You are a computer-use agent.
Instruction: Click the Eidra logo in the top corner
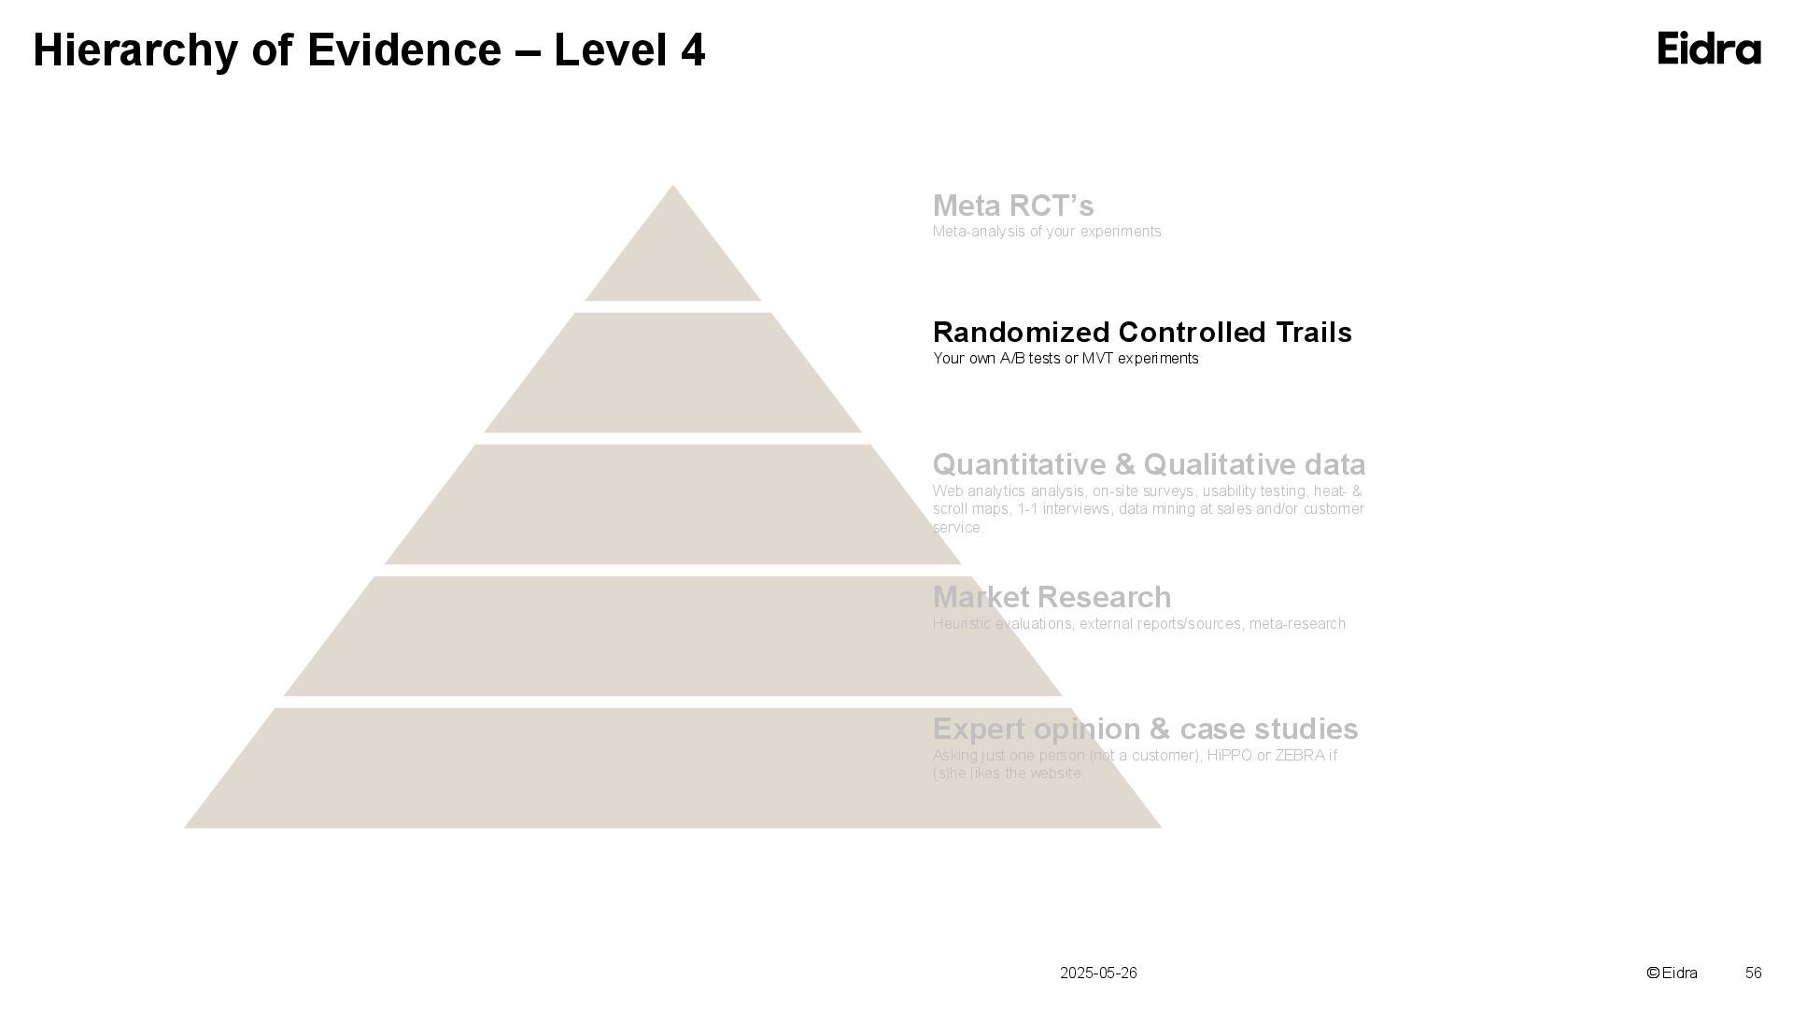(1709, 49)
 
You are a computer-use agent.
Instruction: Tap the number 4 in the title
(692, 50)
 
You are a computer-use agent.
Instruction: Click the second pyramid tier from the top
(672, 374)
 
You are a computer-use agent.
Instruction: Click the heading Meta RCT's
(1013, 206)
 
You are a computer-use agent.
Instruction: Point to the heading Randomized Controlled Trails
(1142, 333)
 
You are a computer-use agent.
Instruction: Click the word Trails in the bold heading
(1310, 333)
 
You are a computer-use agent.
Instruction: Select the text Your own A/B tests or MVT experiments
(1066, 359)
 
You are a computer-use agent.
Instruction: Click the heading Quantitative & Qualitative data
(1149, 464)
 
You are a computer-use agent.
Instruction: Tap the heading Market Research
(1052, 597)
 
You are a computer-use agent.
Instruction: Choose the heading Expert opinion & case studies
(1145, 729)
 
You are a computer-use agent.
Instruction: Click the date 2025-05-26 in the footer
(1098, 973)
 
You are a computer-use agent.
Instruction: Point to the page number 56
(1753, 973)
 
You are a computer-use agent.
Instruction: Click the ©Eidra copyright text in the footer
(1672, 973)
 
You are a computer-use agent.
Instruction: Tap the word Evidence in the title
(403, 50)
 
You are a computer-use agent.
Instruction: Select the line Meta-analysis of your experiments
(1047, 232)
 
